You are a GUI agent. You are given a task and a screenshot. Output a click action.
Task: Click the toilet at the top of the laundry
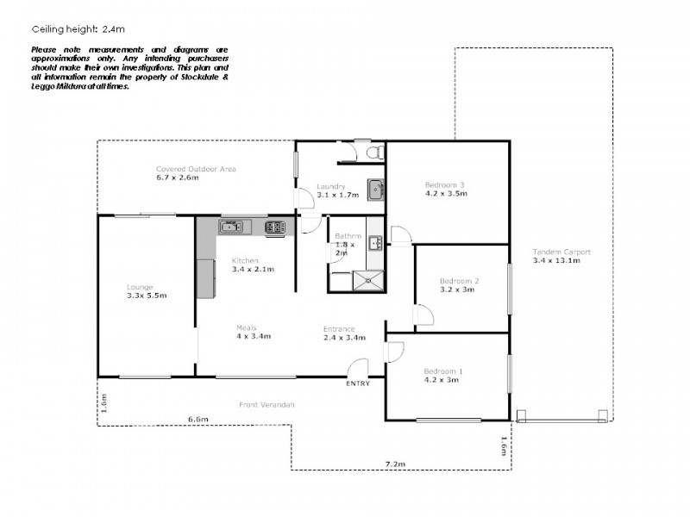pyautogui.click(x=373, y=152)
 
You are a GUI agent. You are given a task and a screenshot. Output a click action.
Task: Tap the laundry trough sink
pyautogui.click(x=375, y=189)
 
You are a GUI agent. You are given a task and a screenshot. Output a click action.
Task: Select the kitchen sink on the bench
pyautogui.click(x=231, y=227)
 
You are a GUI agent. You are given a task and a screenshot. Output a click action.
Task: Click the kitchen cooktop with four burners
pyautogui.click(x=275, y=227)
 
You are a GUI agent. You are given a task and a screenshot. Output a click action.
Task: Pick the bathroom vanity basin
pyautogui.click(x=375, y=243)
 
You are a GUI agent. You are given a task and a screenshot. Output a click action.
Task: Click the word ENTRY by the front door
pyautogui.click(x=358, y=383)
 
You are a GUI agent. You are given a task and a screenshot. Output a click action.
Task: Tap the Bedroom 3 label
pyautogui.click(x=445, y=184)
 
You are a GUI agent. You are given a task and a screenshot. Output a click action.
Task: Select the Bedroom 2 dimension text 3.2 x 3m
pyautogui.click(x=457, y=290)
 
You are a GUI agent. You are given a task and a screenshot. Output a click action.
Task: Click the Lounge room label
pyautogui.click(x=140, y=287)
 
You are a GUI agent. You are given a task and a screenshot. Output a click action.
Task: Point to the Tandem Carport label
pyautogui.click(x=561, y=252)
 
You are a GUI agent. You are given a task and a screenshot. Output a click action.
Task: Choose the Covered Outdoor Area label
pyautogui.click(x=196, y=169)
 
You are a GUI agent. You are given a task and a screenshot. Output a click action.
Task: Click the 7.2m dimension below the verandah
pyautogui.click(x=396, y=464)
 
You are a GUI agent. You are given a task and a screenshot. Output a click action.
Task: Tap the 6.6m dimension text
pyautogui.click(x=198, y=420)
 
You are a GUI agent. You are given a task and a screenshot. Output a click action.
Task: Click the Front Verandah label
pyautogui.click(x=267, y=404)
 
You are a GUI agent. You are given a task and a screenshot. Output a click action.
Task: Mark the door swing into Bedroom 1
pyautogui.click(x=393, y=352)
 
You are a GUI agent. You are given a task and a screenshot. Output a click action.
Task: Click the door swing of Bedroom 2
pyautogui.click(x=423, y=316)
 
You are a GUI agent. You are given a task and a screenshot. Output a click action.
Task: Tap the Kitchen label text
pyautogui.click(x=244, y=260)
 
